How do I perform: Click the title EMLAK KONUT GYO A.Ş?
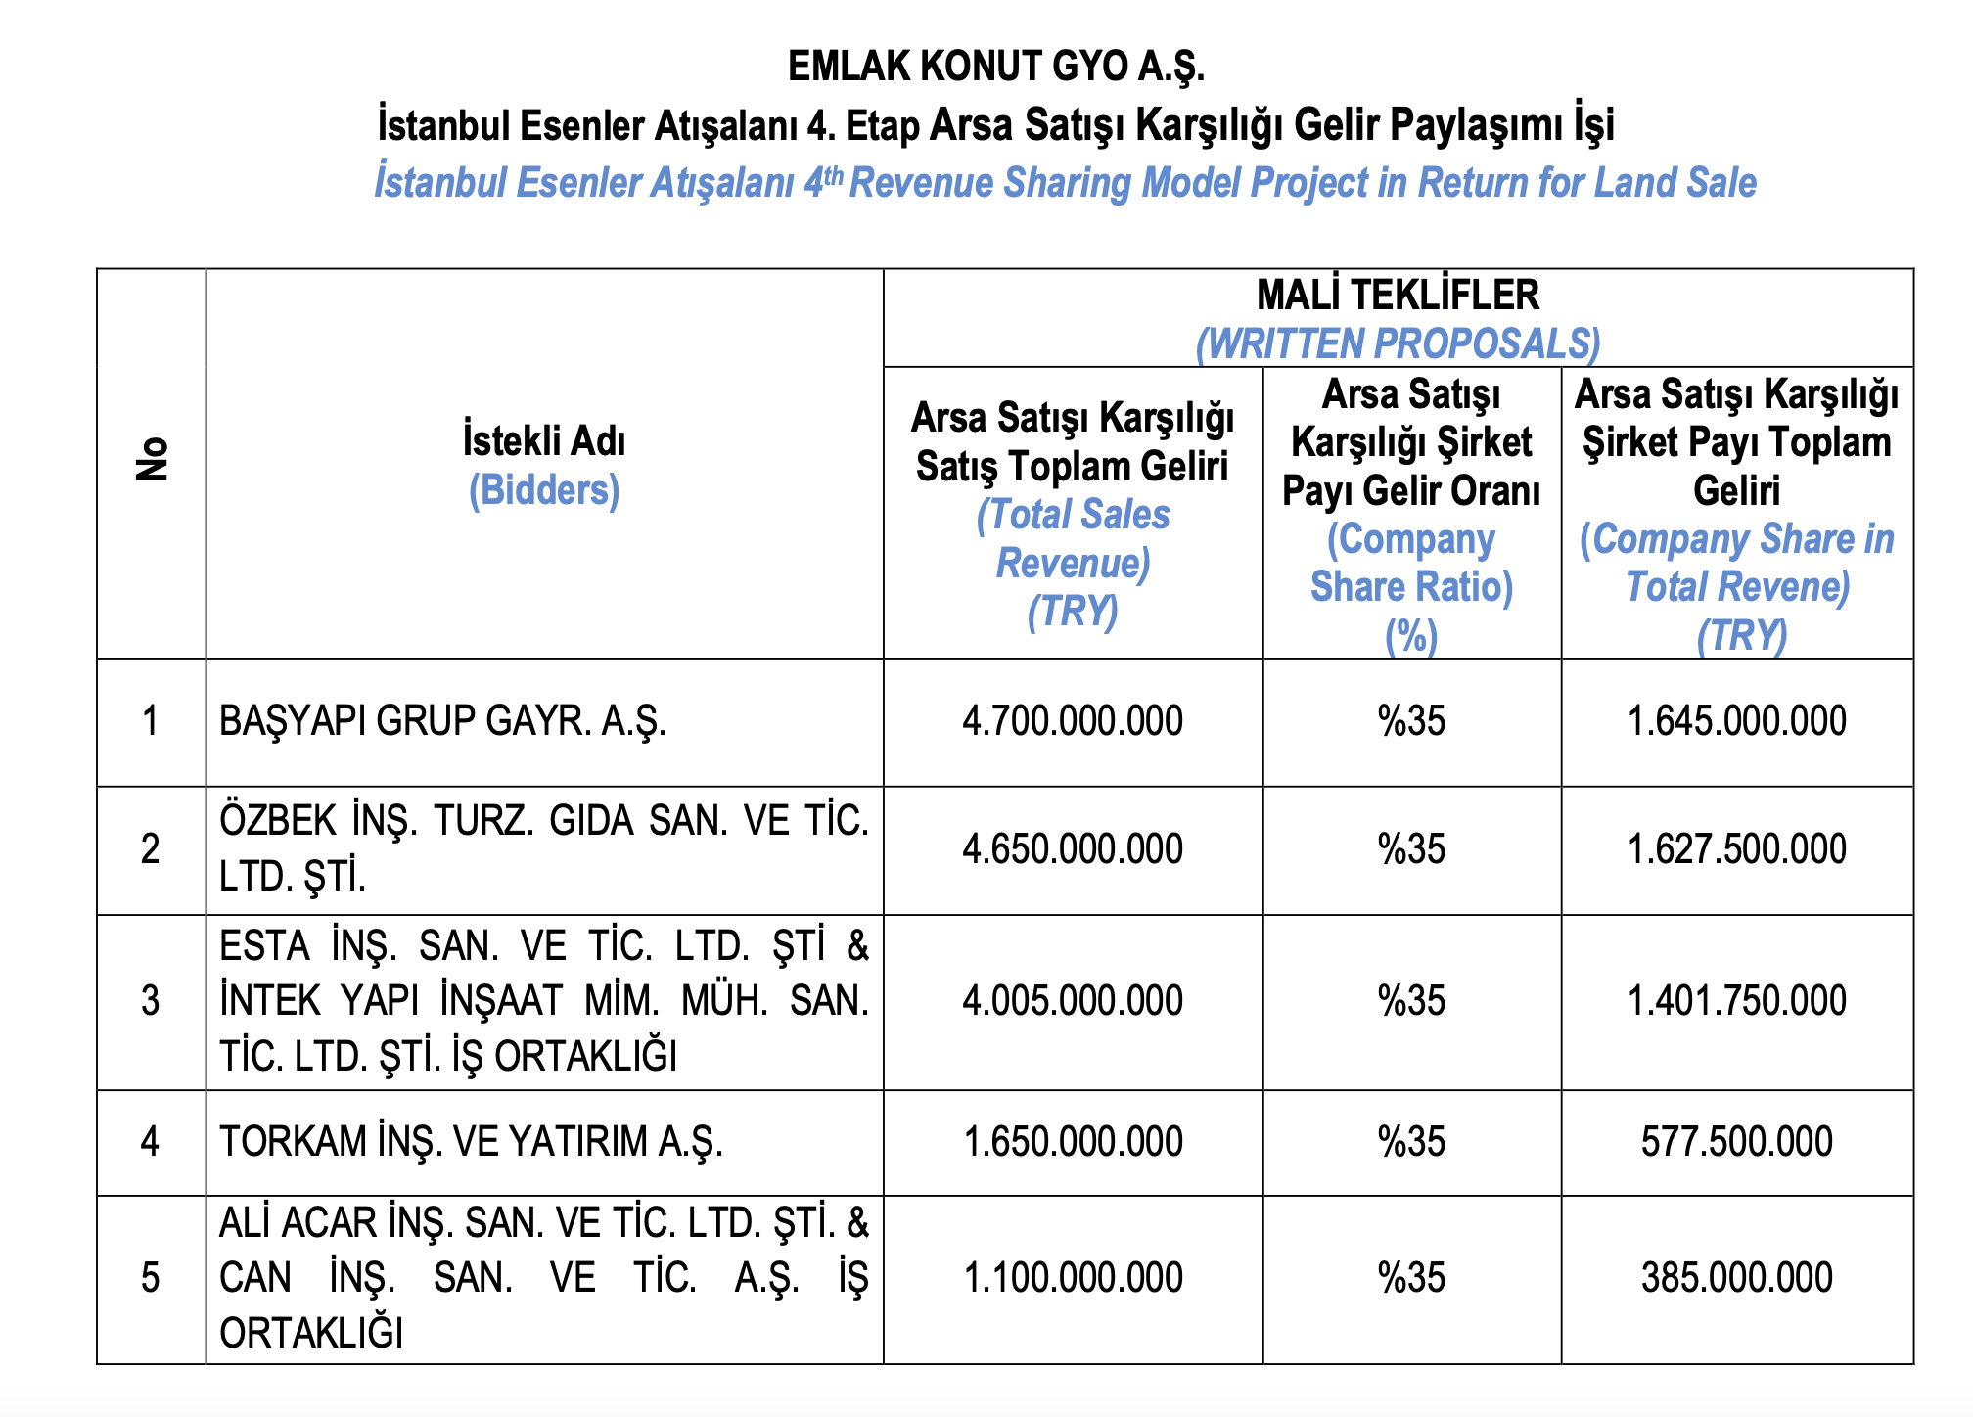995,67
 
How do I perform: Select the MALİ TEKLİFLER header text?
1398,295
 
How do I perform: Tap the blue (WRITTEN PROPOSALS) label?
1398,343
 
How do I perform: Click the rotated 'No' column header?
152,459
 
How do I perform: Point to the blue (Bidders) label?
544,490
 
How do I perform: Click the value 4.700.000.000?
1073,721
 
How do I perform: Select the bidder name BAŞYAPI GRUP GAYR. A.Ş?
442,721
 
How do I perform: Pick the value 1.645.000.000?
1736,721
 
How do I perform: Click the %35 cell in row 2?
1411,848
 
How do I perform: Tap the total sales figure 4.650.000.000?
1073,848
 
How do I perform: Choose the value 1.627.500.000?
1736,848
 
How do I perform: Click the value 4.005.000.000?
1073,1001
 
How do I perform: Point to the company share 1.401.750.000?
1736,1001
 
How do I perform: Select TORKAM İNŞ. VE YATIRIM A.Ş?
471,1142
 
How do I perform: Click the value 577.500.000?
1736,1142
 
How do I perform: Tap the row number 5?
150,1278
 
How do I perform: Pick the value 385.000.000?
1736,1278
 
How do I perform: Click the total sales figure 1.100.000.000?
1073,1278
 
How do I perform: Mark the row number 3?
150,1001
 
